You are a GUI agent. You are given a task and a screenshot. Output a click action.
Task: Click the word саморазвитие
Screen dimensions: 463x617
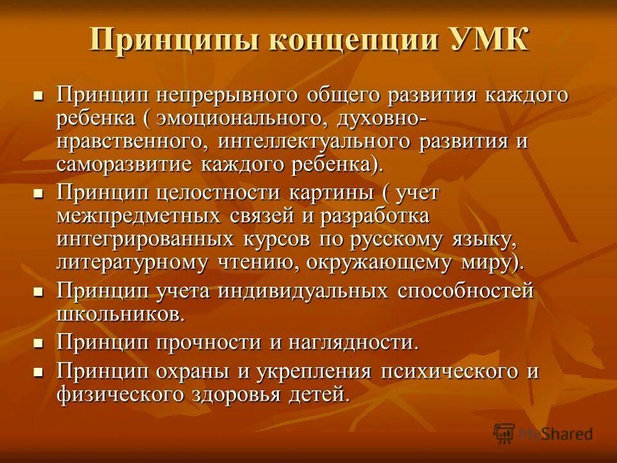[126, 163]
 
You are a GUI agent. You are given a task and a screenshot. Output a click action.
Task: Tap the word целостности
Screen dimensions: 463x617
[228, 193]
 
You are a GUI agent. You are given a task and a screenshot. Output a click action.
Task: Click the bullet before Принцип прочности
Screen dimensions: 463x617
[39, 343]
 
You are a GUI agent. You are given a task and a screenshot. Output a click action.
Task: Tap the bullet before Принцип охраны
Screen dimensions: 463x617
[39, 372]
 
